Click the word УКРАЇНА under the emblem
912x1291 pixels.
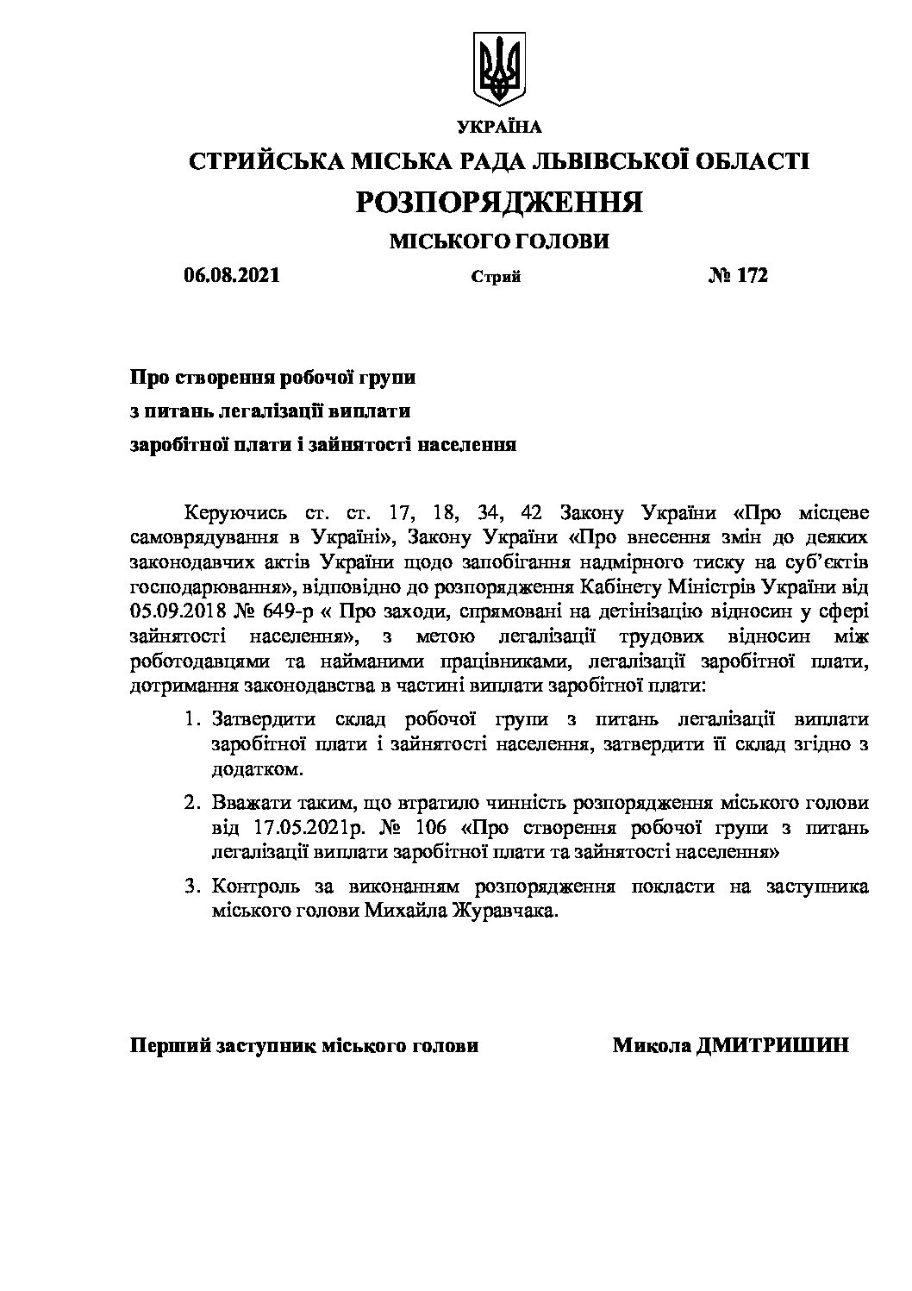click(500, 128)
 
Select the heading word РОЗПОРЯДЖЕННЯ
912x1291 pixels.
click(499, 202)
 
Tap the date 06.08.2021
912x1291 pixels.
click(232, 276)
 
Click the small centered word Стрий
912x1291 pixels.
click(497, 278)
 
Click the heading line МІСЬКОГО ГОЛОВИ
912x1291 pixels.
click(499, 241)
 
